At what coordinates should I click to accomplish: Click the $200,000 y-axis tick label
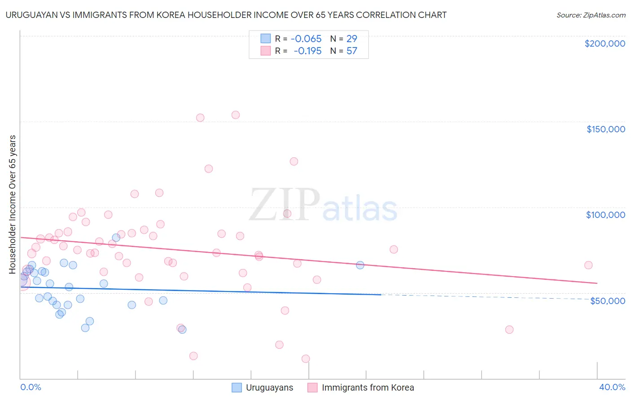[605, 43]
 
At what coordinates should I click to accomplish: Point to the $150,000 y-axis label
[605, 129]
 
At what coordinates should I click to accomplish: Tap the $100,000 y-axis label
[605, 215]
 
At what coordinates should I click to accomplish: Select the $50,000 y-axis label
[607, 301]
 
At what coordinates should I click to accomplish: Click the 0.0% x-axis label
[31, 387]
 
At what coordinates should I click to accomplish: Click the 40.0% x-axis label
[612, 387]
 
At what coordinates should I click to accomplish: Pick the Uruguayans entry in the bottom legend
[269, 387]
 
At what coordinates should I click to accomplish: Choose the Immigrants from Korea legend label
[368, 387]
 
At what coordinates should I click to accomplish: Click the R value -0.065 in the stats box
[306, 39]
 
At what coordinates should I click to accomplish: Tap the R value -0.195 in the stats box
[307, 51]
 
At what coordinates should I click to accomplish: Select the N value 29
[351, 39]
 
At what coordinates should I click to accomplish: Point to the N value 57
[351, 51]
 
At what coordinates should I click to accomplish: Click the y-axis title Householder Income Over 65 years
[12, 204]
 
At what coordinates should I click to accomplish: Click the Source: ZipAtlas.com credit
[591, 15]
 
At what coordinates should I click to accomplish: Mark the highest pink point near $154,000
[236, 115]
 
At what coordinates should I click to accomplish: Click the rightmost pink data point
[588, 265]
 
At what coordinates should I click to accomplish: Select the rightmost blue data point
[360, 265]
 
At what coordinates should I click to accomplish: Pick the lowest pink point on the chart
[306, 359]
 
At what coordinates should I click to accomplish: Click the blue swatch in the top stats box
[266, 39]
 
